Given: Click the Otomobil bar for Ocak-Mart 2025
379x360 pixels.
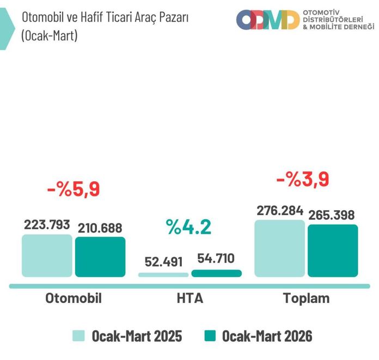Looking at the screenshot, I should (x=47, y=256).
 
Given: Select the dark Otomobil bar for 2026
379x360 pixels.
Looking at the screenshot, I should (x=100, y=257).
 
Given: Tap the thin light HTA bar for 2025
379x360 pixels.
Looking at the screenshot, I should (x=163, y=274).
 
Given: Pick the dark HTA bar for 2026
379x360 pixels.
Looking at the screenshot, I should (x=216, y=273).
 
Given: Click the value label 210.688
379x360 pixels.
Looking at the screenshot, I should (x=99, y=228).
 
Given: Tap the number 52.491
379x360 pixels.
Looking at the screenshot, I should (x=163, y=261).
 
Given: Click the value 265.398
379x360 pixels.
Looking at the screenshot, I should (x=332, y=214).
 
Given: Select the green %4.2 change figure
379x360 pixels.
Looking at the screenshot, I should (x=189, y=227).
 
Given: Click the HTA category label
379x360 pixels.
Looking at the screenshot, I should (x=189, y=298).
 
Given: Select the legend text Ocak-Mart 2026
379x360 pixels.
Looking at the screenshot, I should (x=267, y=335).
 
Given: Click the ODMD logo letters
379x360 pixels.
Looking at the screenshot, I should (x=267, y=20).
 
